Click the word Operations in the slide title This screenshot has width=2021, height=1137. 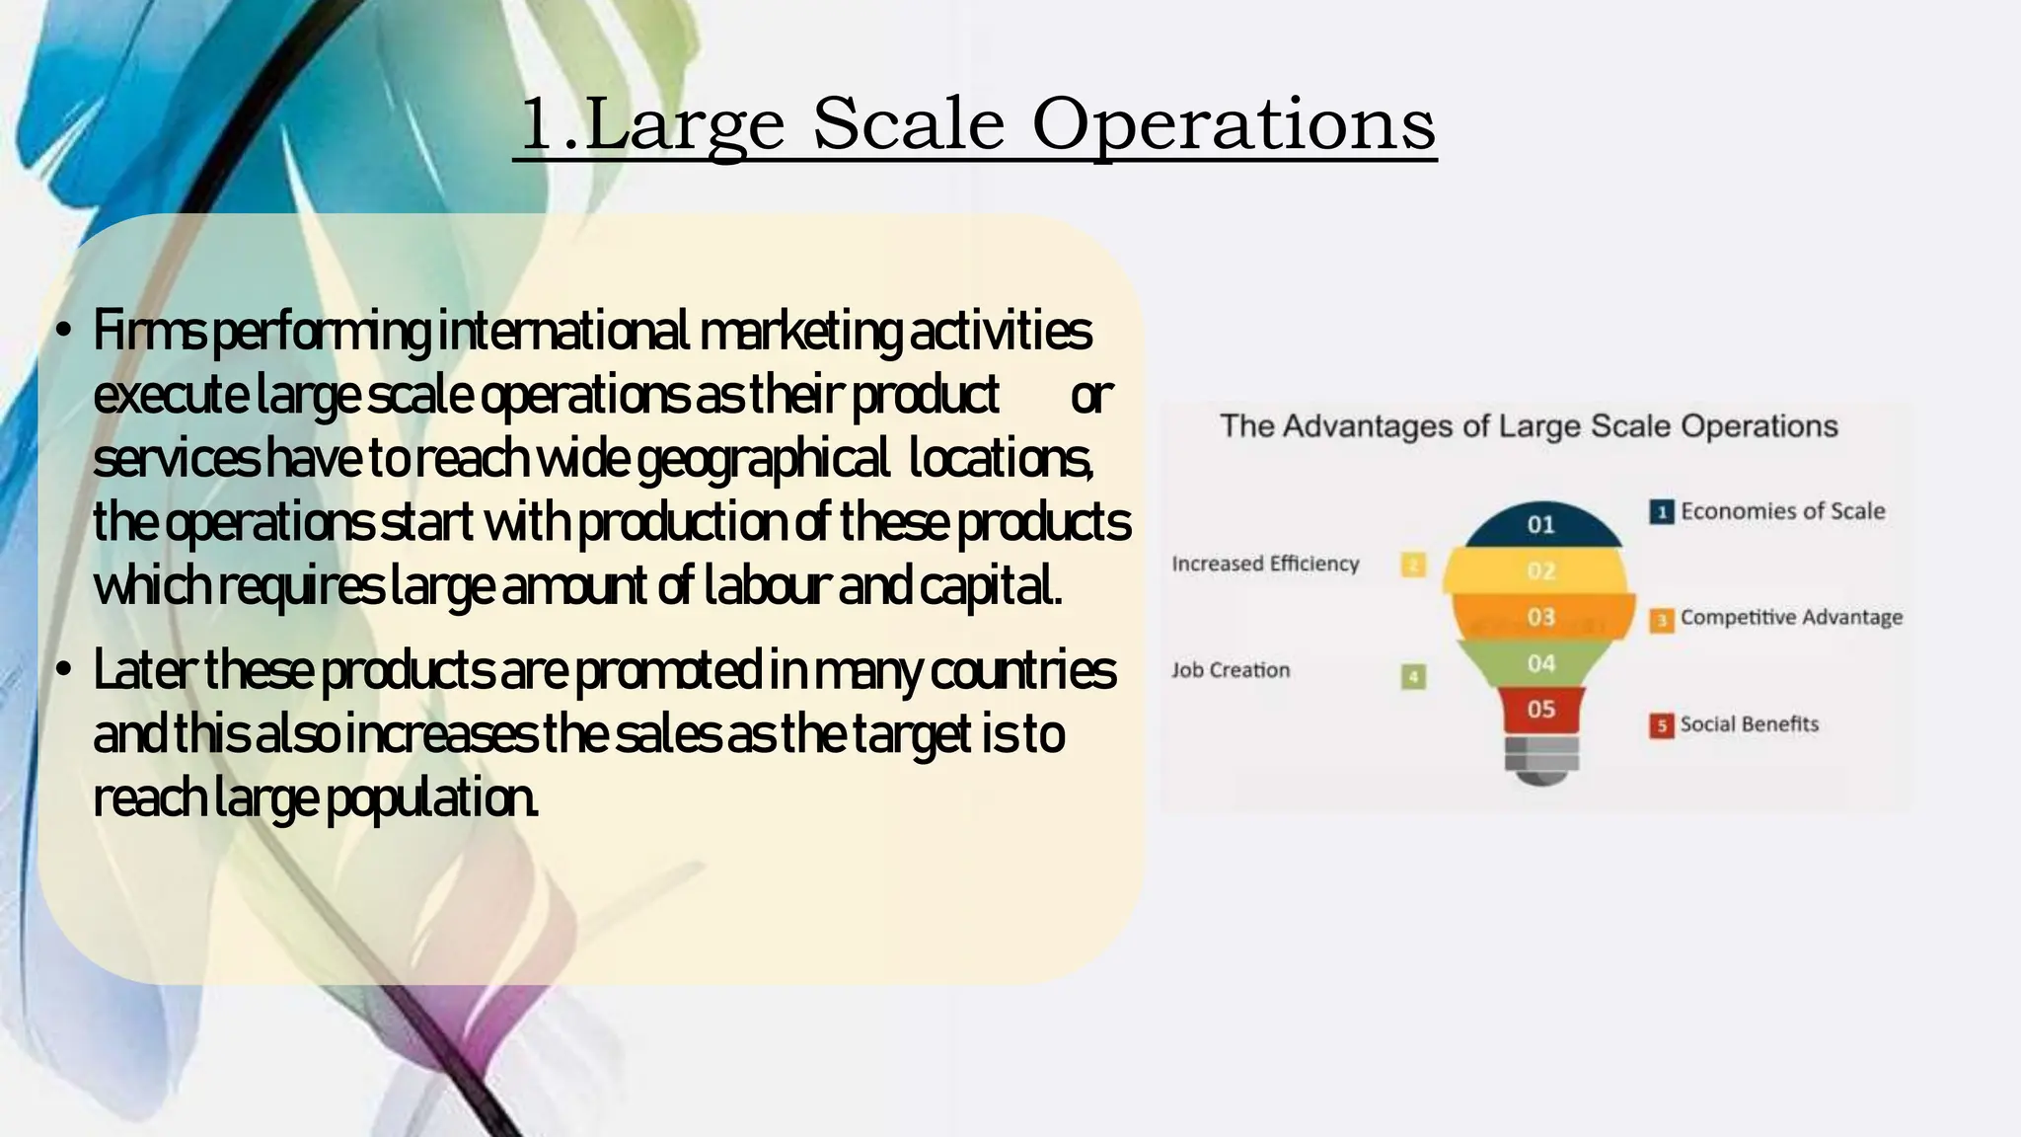tap(1233, 125)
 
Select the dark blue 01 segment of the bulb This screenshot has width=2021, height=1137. tap(1541, 525)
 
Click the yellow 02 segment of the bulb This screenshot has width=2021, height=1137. tap(1541, 570)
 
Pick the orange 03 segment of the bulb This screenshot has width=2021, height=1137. tap(1541, 617)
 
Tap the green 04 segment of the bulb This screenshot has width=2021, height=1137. tap(1541, 663)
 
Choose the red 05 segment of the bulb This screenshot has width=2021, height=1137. tap(1541, 709)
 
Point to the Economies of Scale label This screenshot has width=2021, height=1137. tap(1782, 511)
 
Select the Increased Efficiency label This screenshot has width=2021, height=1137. tap(1265, 564)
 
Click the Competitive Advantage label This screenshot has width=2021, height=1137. tap(1791, 618)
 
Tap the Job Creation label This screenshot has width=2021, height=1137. tap(1231, 670)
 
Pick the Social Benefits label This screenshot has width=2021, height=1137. tap(1749, 724)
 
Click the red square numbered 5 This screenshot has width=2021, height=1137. tap(1662, 725)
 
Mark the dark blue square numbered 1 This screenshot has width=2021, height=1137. tap(1662, 512)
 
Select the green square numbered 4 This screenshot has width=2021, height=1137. tap(1413, 677)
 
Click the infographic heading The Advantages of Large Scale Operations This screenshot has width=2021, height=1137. tap(1529, 426)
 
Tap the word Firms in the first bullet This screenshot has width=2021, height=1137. tap(149, 332)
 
